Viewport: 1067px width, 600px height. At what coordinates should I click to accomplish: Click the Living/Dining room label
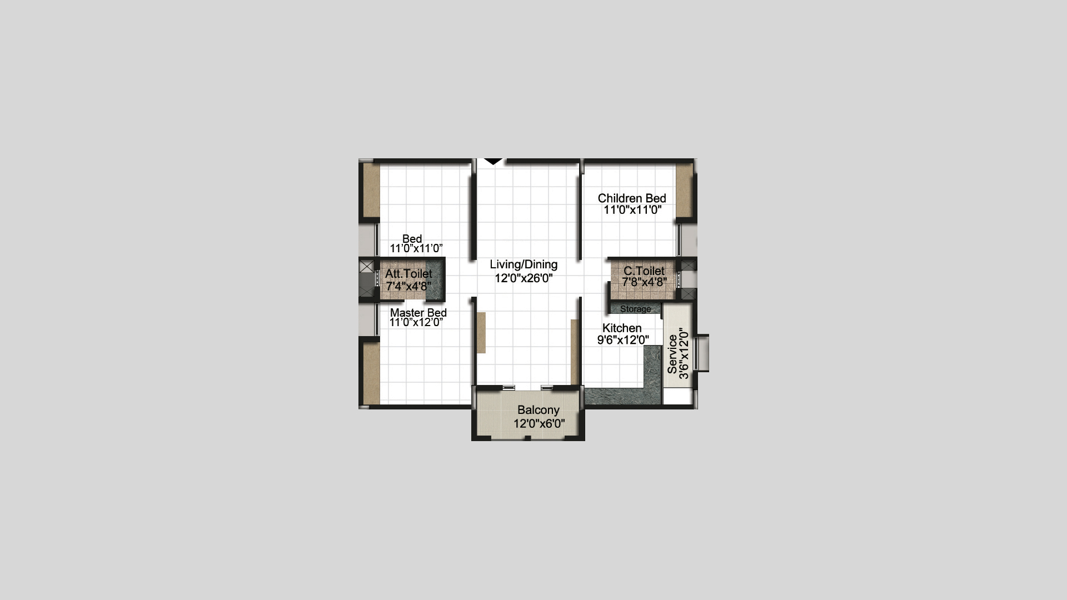pyautogui.click(x=523, y=265)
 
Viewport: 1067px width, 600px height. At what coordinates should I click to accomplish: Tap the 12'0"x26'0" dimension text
pyautogui.click(x=523, y=278)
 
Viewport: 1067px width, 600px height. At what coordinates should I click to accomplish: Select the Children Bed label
pyautogui.click(x=632, y=198)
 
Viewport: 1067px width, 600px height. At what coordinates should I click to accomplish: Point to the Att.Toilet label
pyautogui.click(x=408, y=274)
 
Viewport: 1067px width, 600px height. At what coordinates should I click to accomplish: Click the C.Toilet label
pyautogui.click(x=644, y=271)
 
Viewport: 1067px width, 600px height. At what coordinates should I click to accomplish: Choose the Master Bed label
pyautogui.click(x=418, y=313)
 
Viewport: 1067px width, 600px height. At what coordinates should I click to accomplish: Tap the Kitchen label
pyautogui.click(x=622, y=328)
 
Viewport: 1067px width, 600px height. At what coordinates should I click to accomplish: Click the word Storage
pyautogui.click(x=636, y=309)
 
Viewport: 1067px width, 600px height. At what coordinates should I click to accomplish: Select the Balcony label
pyautogui.click(x=538, y=410)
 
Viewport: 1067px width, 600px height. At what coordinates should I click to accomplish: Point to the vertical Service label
pyautogui.click(x=672, y=354)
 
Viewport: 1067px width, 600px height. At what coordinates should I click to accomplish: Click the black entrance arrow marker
pyautogui.click(x=493, y=162)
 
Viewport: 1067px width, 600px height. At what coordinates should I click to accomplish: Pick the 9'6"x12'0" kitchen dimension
pyautogui.click(x=623, y=340)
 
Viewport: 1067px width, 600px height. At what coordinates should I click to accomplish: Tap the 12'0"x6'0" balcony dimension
pyautogui.click(x=539, y=424)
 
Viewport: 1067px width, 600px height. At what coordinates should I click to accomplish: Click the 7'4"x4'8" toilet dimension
pyautogui.click(x=408, y=287)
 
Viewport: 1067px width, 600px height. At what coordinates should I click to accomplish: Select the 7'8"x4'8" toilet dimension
pyautogui.click(x=645, y=282)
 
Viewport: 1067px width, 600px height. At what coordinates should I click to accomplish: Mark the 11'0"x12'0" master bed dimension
pyautogui.click(x=416, y=322)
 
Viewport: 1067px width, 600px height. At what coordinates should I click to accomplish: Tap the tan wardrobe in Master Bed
pyautogui.click(x=372, y=373)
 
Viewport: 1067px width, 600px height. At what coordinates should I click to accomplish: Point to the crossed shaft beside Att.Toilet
pyautogui.click(x=366, y=267)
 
